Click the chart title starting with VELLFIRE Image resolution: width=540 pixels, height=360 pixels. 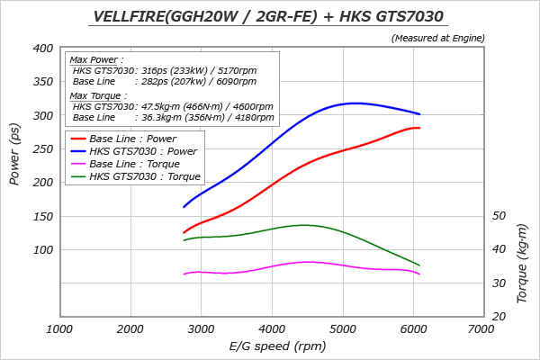point(270,16)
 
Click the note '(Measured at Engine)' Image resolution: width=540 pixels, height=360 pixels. point(438,38)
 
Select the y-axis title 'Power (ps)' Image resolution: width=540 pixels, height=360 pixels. point(14,153)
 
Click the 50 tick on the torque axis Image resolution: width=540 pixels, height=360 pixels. point(499,216)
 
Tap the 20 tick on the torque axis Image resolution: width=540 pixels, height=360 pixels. point(499,317)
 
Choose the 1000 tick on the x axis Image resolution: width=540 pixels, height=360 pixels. point(59,329)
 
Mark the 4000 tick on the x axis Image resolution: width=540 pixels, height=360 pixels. point(272,329)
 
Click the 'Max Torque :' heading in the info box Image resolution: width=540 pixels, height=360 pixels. point(99,95)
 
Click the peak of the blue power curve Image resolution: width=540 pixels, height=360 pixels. point(357,103)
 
